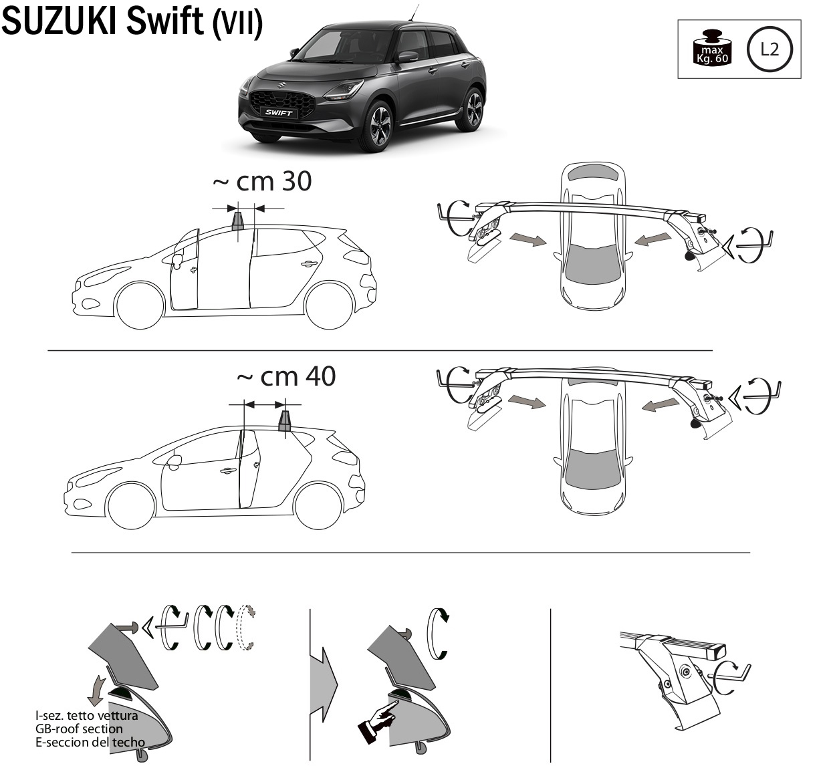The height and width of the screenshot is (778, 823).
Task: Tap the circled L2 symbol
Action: pos(770,50)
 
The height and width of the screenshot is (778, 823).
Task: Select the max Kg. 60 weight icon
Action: pos(712,47)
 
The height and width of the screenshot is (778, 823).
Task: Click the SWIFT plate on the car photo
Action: pos(278,112)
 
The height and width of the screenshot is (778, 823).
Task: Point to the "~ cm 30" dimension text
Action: pos(262,181)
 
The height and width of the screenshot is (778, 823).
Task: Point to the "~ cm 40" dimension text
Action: pos(286,376)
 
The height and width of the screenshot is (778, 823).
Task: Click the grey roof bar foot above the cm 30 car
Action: pos(238,221)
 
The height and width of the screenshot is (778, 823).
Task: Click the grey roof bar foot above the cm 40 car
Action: pos(285,420)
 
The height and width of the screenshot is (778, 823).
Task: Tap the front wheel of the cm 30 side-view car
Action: pos(140,305)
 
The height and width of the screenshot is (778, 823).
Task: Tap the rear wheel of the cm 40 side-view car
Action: pos(318,505)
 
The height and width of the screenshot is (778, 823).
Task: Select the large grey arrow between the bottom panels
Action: pos(323,685)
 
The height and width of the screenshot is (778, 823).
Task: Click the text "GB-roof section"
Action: pos(79,729)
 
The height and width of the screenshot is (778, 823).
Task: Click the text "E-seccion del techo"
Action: pos(90,742)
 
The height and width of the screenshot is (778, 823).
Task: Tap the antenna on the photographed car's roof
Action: pos(415,13)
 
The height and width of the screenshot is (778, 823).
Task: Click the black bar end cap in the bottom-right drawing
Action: pos(719,650)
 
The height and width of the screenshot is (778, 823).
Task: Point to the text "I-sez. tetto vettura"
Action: pos(87,715)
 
